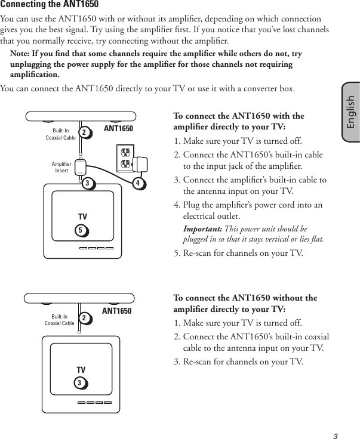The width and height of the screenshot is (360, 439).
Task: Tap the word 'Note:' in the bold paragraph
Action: point(23,54)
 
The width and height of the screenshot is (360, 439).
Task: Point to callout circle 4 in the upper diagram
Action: point(138,183)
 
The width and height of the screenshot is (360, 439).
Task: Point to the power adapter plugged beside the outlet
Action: point(143,164)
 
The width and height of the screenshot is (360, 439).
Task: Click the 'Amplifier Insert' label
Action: point(61,167)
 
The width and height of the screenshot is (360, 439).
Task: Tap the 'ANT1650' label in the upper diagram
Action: point(118,128)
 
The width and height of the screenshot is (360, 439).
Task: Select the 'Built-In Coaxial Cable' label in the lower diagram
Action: point(59,320)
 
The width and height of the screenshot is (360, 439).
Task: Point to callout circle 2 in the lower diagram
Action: point(86,319)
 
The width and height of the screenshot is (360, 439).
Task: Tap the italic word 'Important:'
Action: point(202,229)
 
